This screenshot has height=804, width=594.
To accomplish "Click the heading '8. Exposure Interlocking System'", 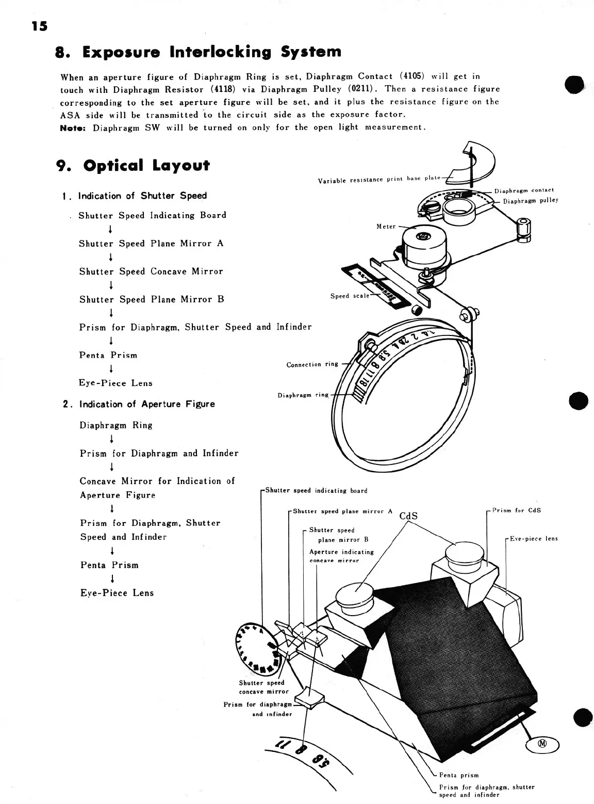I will (x=198, y=52).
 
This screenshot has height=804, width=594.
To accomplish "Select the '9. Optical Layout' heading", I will (x=133, y=166).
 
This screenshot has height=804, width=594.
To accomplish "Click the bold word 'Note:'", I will (x=74, y=127).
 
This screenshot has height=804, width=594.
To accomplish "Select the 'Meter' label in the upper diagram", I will (x=386, y=227).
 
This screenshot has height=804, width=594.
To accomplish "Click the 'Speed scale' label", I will (x=350, y=296).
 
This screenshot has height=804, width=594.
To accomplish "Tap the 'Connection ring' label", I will (x=312, y=364).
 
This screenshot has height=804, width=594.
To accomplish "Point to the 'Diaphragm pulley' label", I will (x=531, y=201).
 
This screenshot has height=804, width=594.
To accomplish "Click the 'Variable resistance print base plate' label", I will (x=379, y=179).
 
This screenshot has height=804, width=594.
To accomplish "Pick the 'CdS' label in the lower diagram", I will (x=408, y=516).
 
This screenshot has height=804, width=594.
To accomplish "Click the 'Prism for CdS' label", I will (x=516, y=511).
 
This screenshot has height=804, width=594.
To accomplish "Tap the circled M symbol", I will (x=542, y=744).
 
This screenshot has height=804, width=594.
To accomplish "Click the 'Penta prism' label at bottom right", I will (x=458, y=775).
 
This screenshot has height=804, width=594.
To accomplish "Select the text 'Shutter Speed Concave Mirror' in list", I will (x=151, y=271).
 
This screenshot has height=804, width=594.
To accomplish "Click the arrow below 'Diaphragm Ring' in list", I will (x=111, y=439).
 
